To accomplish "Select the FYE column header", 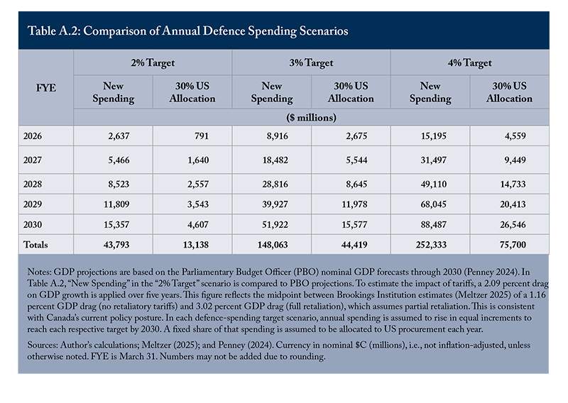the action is (x=46, y=88).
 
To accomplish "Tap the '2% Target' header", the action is (x=153, y=63).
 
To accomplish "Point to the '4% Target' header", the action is (x=470, y=63).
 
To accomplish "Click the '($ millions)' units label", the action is (x=311, y=118).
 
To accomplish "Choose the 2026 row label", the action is (x=33, y=136).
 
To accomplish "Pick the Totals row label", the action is (x=35, y=245).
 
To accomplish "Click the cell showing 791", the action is (x=202, y=136).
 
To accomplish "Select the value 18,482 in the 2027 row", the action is (x=275, y=160).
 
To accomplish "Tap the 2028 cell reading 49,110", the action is (x=434, y=184).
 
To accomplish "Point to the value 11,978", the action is (x=354, y=204).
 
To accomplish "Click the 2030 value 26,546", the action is (x=513, y=225).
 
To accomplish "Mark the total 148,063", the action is (x=273, y=245).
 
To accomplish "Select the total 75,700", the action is (x=513, y=245).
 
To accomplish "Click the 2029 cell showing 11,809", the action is (x=116, y=204).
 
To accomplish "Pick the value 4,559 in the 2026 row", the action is (x=515, y=136).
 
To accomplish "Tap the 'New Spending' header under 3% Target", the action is (x=272, y=92).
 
